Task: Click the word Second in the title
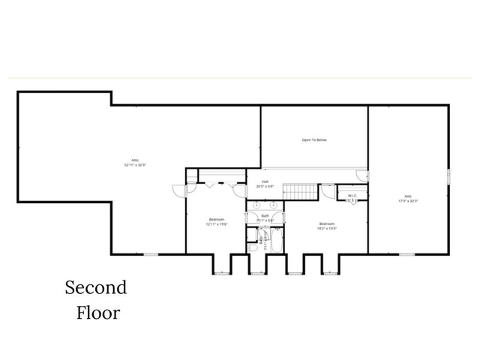click(95, 287)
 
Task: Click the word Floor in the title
click(97, 312)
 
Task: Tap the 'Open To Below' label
click(314, 139)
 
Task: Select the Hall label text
click(265, 181)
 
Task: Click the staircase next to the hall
click(303, 191)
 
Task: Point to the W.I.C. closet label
click(352, 196)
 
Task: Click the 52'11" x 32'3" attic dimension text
click(136, 164)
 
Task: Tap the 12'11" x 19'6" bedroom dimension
click(217, 223)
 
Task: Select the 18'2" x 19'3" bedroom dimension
click(326, 227)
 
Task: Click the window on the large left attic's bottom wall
click(151, 254)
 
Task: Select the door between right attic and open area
click(363, 175)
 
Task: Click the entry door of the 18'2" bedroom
click(327, 190)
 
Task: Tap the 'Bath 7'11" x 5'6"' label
click(265, 217)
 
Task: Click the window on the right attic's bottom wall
click(407, 254)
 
